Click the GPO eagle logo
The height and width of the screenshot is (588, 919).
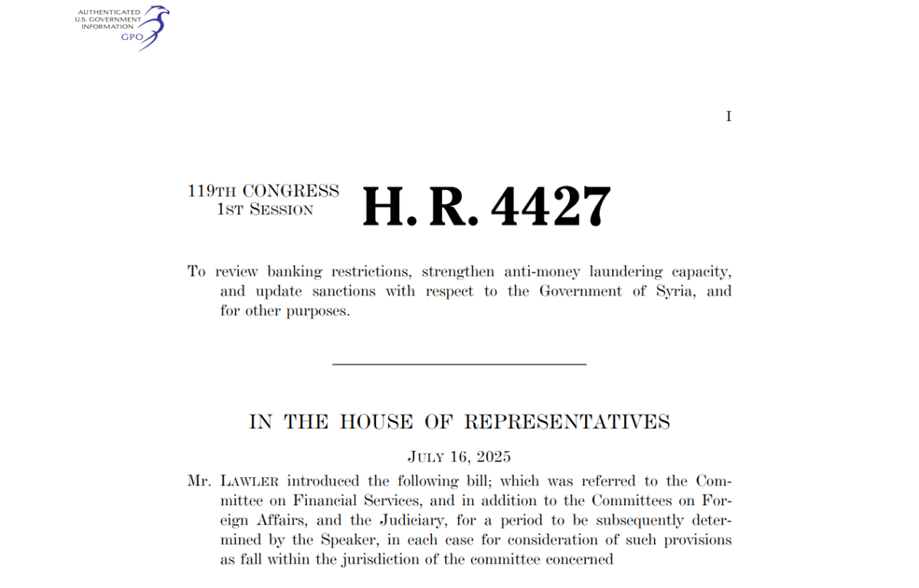click(153, 27)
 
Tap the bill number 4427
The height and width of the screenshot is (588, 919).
click(551, 207)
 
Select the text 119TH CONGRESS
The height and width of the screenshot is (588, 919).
click(263, 191)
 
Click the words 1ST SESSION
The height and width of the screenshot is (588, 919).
click(265, 210)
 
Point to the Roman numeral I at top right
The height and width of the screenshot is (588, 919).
click(728, 116)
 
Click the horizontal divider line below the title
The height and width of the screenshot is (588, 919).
click(459, 364)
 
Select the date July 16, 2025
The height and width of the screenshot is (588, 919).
click(459, 457)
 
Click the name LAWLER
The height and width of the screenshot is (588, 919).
click(250, 482)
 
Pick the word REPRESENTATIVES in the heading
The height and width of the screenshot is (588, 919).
click(567, 422)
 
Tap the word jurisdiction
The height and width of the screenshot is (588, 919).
click(400, 559)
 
